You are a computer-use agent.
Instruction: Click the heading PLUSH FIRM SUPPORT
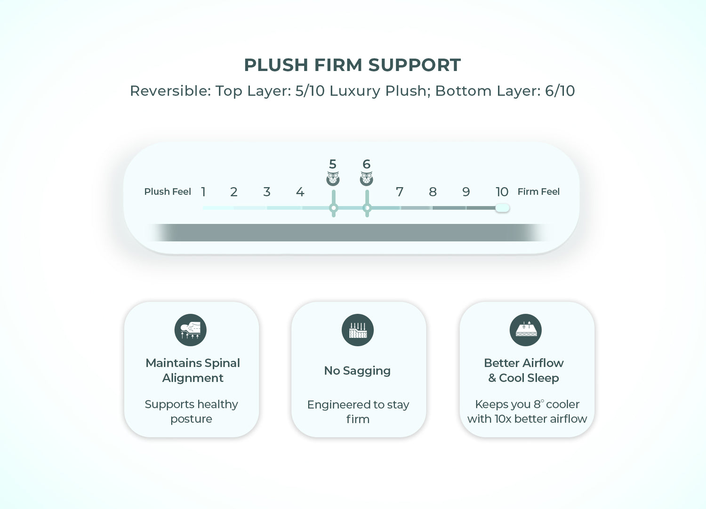pos(353,65)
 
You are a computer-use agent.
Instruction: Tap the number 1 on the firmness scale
pos(204,191)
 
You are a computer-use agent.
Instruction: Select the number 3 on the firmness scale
pos(267,191)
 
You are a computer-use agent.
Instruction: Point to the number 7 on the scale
pos(399,191)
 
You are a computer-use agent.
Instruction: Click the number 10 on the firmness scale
pos(502,191)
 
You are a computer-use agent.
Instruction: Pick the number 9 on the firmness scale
pos(466,191)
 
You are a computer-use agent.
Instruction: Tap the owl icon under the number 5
pos(333,179)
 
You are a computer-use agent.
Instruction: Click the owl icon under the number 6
pos(366,179)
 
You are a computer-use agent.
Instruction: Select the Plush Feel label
pos(168,191)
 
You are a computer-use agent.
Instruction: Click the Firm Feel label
pos(538,191)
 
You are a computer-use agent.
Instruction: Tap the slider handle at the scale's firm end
pos(502,208)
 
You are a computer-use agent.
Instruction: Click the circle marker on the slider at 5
pos(333,208)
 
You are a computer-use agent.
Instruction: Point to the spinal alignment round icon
pos(190,330)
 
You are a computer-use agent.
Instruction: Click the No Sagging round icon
pos(357,330)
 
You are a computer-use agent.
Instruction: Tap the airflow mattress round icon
pos(525,330)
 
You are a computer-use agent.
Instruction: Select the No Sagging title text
pos(357,371)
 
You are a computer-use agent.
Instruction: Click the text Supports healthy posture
pos(191,411)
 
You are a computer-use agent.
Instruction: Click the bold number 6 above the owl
pos(366,164)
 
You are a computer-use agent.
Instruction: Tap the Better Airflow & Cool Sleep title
pos(524,370)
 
